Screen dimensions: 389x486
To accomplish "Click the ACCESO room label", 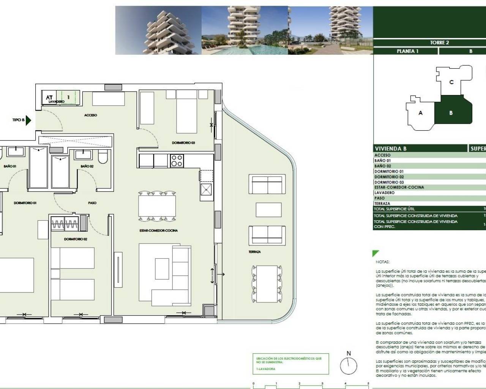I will (x=90, y=115).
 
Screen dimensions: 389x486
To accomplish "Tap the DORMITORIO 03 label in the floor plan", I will (x=183, y=143).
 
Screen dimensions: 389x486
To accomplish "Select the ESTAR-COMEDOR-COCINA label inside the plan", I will (x=159, y=231).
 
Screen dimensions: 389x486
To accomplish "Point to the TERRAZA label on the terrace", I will (x=255, y=252).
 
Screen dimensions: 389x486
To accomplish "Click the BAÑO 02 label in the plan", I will (x=87, y=166).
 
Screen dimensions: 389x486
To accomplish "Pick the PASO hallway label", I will (x=92, y=203).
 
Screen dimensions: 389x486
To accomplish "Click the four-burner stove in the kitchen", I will (x=176, y=161).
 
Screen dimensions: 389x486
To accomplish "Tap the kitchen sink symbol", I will (x=207, y=189).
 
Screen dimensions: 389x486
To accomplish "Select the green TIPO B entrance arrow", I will (x=28, y=120).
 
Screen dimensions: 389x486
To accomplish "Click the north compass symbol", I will (x=349, y=367).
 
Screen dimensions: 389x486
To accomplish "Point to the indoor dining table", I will (x=157, y=205).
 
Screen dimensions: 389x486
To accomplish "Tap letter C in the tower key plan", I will (x=451, y=82).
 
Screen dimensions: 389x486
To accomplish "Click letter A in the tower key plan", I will (x=420, y=113).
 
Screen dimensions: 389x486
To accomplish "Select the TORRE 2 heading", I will (x=439, y=43).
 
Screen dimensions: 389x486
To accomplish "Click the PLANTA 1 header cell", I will (x=407, y=51).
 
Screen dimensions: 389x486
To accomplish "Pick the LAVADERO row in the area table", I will (x=385, y=193).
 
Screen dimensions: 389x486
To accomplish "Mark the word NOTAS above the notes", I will (x=382, y=262).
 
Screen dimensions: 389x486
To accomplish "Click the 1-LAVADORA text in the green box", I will (x=266, y=369).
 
